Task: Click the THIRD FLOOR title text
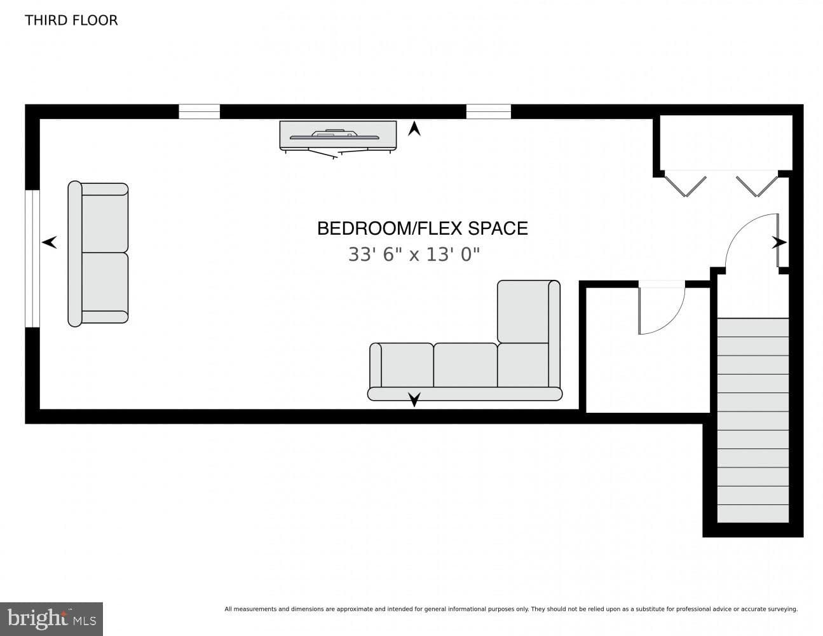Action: point(71,20)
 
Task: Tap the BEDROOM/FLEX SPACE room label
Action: point(422,228)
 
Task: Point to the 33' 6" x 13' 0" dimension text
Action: point(414,254)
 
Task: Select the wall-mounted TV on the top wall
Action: point(338,139)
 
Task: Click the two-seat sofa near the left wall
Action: point(98,254)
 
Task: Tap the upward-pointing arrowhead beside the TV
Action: point(414,128)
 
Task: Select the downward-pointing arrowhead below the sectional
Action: point(414,399)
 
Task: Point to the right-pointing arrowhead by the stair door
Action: point(779,242)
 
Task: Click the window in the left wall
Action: point(32,258)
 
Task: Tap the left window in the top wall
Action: point(199,112)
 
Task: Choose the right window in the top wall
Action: point(489,112)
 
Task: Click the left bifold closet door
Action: point(686,186)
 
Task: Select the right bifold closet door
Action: point(757,186)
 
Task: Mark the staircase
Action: point(753,420)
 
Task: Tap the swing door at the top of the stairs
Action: point(752,242)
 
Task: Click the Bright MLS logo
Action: point(51,619)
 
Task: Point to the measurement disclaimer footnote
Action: point(512,609)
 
